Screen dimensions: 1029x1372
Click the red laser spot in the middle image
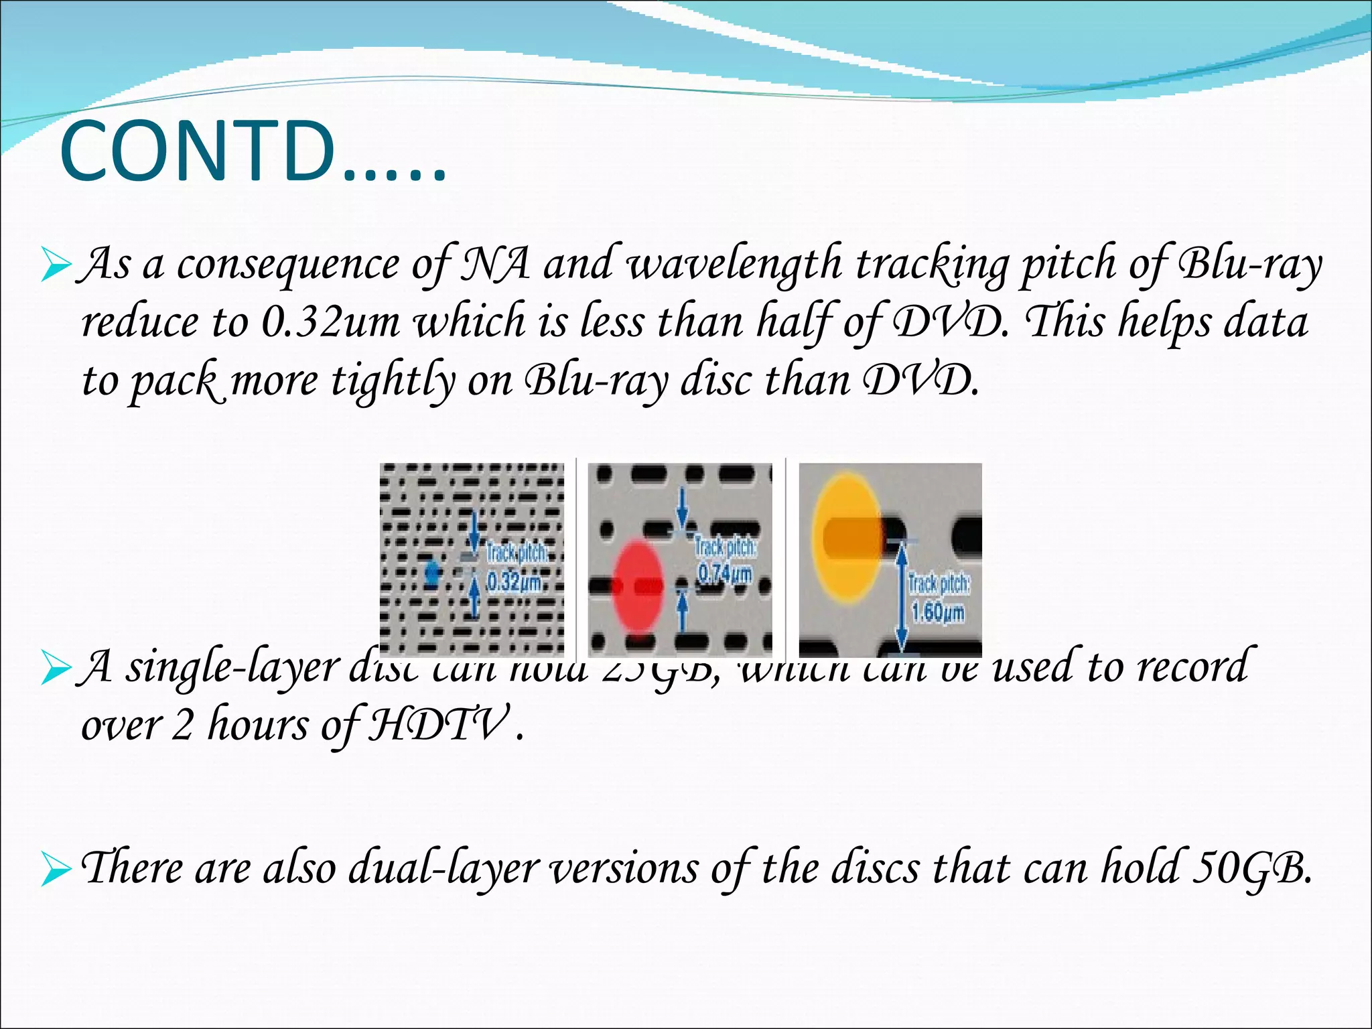(x=638, y=587)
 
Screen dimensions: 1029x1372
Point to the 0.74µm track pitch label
(x=725, y=573)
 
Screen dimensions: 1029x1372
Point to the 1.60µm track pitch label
(x=938, y=611)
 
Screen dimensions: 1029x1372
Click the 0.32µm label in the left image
(x=513, y=581)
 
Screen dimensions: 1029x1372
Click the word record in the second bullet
(x=1192, y=667)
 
